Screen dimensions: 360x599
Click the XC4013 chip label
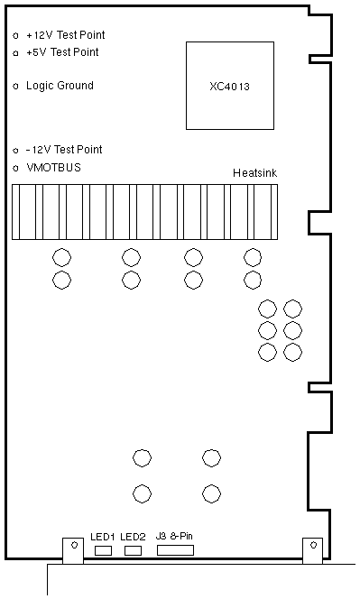click(x=229, y=87)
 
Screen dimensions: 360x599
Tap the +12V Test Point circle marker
click(x=15, y=36)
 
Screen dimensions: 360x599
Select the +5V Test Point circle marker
click(x=15, y=53)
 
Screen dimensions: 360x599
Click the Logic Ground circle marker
click(x=15, y=87)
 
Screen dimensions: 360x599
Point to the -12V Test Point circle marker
click(x=15, y=151)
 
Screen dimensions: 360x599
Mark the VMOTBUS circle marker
click(x=15, y=168)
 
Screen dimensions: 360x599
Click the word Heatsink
click(x=255, y=173)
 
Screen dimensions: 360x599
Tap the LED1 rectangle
click(x=103, y=550)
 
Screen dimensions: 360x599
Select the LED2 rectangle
click(x=133, y=550)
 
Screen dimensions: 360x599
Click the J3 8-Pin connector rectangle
click(x=175, y=550)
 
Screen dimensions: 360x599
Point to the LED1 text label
click(x=103, y=537)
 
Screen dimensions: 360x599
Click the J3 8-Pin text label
click(x=174, y=536)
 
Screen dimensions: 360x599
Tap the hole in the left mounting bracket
click(x=75, y=545)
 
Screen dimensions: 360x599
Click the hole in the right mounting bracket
click(x=313, y=545)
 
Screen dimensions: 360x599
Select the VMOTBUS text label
click(x=53, y=167)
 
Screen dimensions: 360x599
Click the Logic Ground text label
click(x=60, y=86)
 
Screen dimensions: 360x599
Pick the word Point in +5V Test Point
click(x=86, y=52)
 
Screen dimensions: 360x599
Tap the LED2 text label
click(x=133, y=537)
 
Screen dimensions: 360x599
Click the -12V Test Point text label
click(x=64, y=150)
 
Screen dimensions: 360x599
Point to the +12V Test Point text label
click(x=65, y=35)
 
